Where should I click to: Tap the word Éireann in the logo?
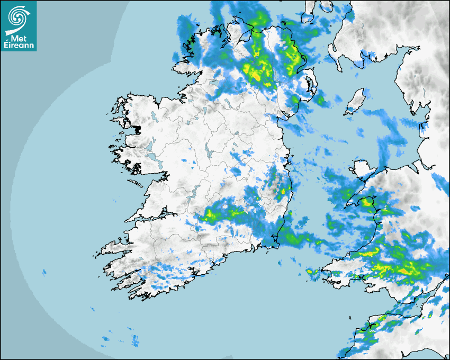[x=19, y=46]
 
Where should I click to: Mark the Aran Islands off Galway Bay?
[x=137, y=183]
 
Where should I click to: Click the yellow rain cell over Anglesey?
[x=366, y=202]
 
